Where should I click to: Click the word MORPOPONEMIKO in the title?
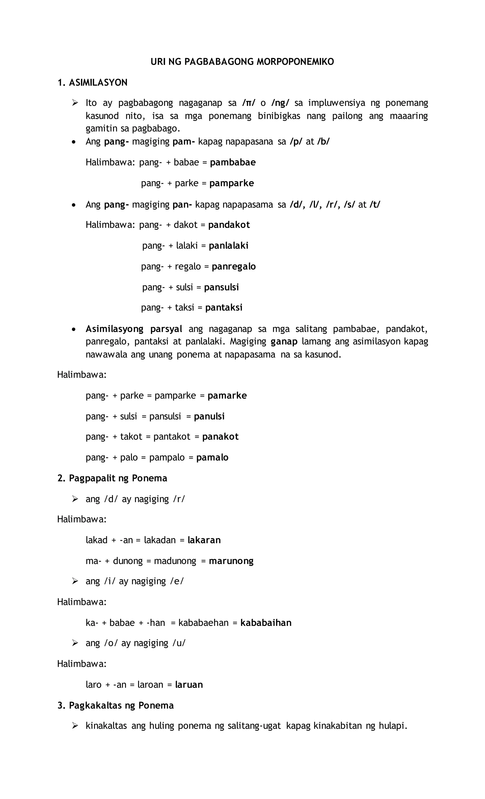(295, 62)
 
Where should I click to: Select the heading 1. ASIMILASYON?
(92, 83)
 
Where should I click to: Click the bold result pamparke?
(231, 183)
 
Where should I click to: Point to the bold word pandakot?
(229, 225)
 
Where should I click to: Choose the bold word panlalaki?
(229, 245)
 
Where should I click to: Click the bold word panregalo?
(234, 266)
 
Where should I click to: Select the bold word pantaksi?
(224, 307)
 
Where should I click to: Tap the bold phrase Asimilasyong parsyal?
(134, 329)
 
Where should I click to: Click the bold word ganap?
(284, 341)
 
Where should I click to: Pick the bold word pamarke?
(227, 396)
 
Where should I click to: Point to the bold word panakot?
(220, 437)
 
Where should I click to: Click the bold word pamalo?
(212, 458)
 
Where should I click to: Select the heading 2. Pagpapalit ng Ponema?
(112, 478)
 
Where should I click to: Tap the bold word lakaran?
(204, 540)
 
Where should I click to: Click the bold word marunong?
(231, 561)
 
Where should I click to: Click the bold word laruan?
(189, 685)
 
